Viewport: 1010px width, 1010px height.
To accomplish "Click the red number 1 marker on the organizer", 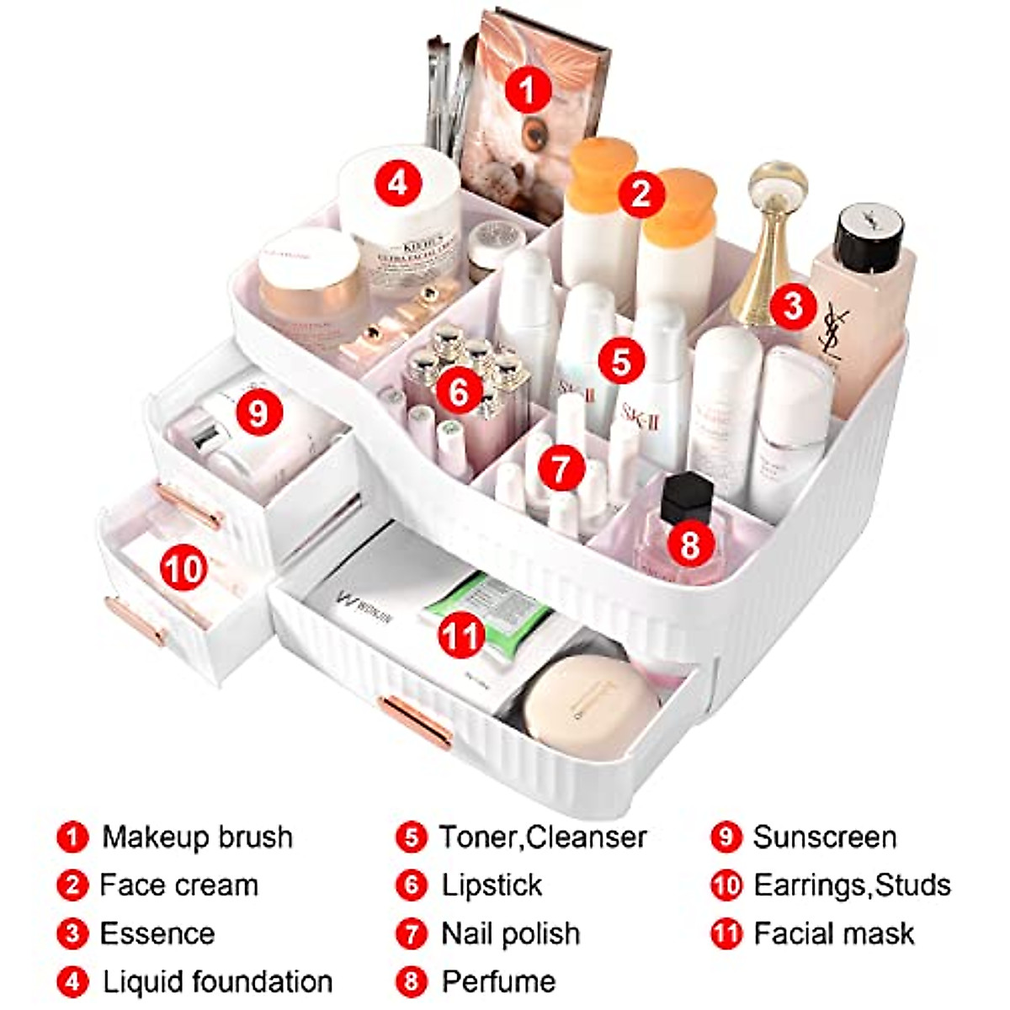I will [x=528, y=89].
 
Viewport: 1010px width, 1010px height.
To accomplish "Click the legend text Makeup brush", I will [x=197, y=837].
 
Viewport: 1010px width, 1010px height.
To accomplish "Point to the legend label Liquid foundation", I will [x=217, y=981].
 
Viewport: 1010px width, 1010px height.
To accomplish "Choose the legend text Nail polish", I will [x=510, y=933].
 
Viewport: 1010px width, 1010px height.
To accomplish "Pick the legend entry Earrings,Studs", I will [x=852, y=885].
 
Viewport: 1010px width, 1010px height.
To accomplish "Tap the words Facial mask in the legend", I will [x=833, y=933].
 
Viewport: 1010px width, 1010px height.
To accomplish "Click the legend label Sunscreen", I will [x=824, y=837].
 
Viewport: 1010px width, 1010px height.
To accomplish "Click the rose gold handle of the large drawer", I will [x=414, y=720].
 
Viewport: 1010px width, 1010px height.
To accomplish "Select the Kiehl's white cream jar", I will [x=402, y=227].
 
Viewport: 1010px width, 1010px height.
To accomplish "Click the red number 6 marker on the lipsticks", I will [x=459, y=392].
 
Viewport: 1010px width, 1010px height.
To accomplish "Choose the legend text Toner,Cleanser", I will [x=543, y=837].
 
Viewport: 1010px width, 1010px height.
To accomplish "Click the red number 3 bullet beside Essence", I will [x=73, y=933].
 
